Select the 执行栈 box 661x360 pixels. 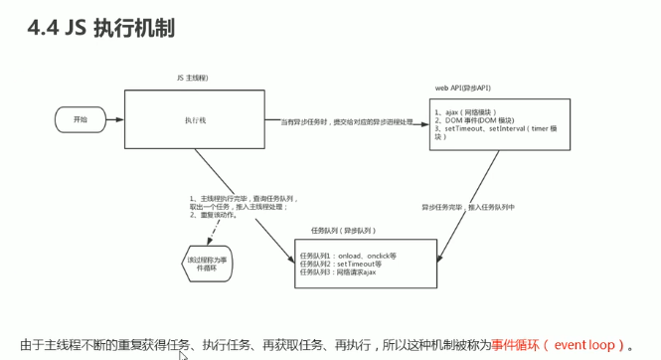click(195, 118)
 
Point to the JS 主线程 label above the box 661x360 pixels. click(192, 77)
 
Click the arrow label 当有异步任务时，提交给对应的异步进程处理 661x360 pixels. click(348, 121)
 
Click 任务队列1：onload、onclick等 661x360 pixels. click(348, 256)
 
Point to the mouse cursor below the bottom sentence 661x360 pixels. click(183, 354)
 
